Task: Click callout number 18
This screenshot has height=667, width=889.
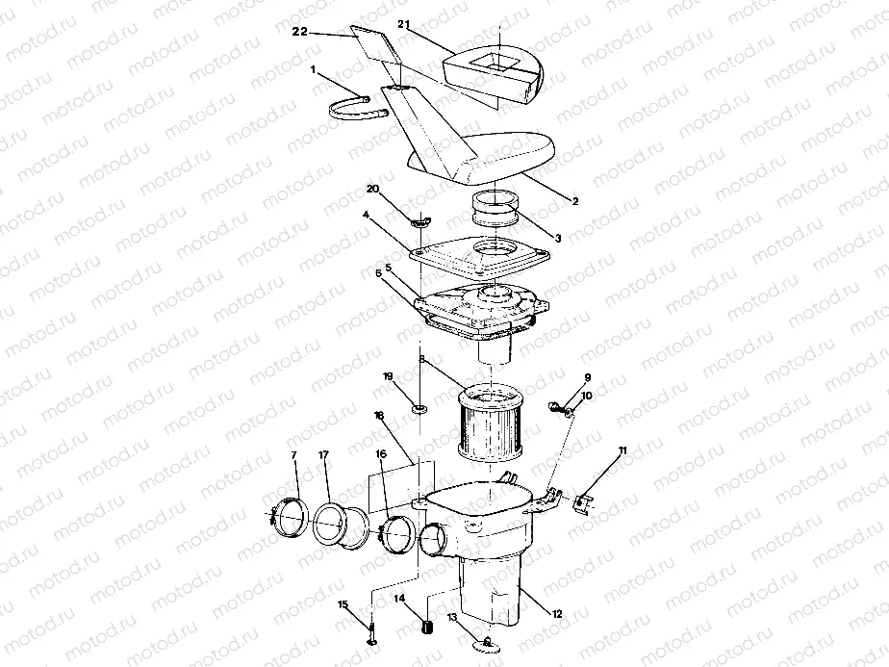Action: pos(379,415)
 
